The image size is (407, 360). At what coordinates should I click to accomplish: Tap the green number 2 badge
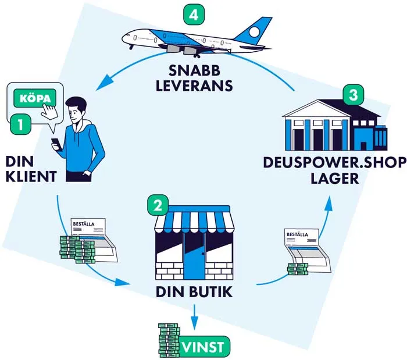(158, 204)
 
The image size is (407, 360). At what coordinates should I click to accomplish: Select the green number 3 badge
(351, 94)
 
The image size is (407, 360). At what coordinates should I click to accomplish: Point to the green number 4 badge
(194, 15)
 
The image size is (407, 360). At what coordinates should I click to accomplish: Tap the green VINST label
(204, 347)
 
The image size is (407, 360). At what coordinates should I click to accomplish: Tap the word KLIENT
(32, 176)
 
